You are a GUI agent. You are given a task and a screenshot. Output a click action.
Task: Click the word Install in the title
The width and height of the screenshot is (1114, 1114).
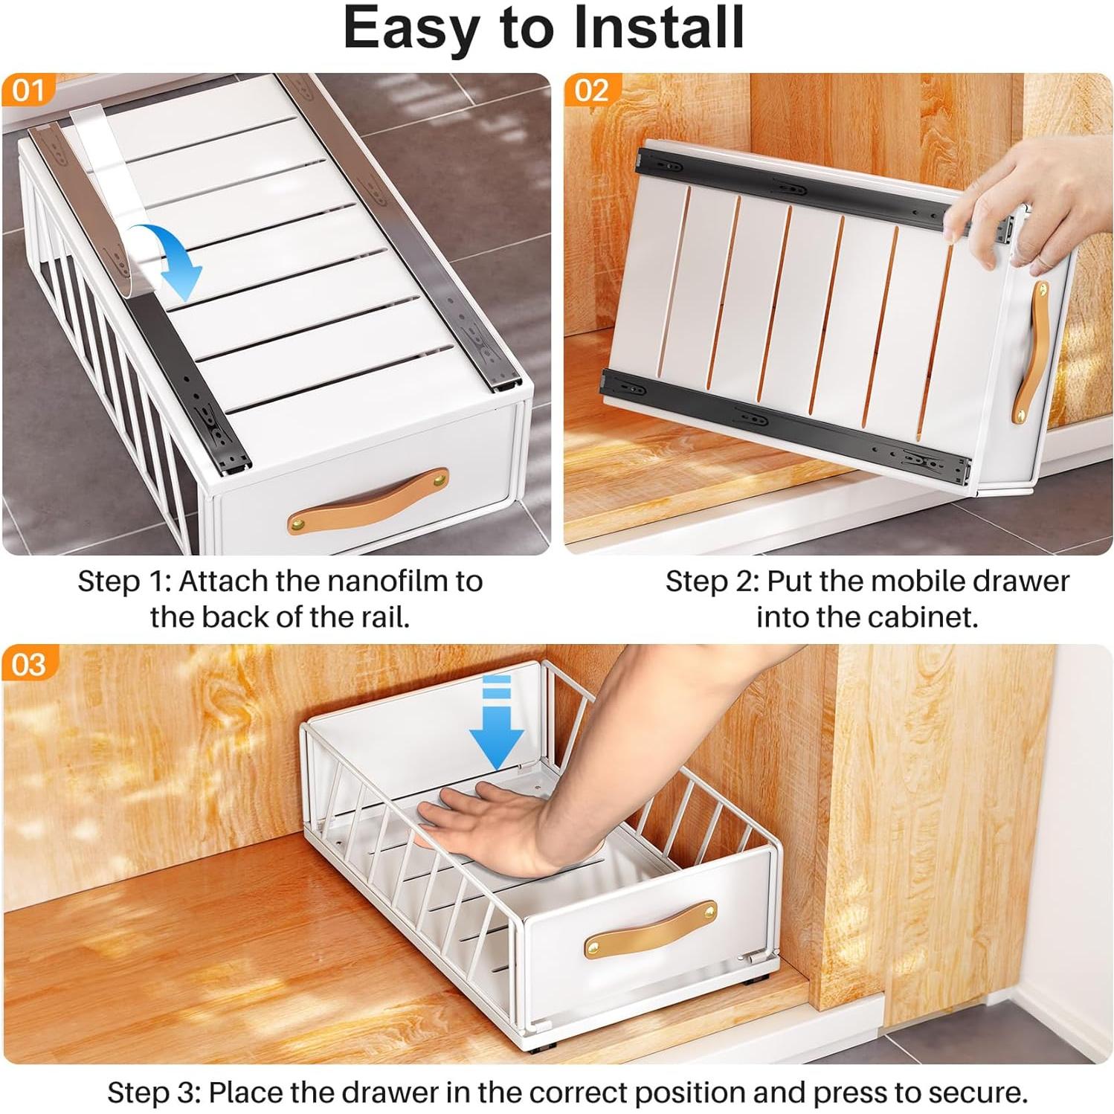(x=659, y=28)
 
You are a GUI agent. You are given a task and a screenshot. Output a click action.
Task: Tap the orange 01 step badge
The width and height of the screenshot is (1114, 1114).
(x=28, y=91)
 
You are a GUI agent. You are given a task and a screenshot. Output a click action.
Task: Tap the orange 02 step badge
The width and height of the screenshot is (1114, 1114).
(x=591, y=91)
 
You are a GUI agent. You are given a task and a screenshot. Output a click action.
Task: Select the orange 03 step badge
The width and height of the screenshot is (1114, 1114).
(x=28, y=664)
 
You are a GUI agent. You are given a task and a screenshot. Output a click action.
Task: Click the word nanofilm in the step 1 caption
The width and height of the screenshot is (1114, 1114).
(x=383, y=581)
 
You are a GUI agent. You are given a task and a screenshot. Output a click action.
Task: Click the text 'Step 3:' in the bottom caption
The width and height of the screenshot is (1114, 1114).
(x=152, y=1092)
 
